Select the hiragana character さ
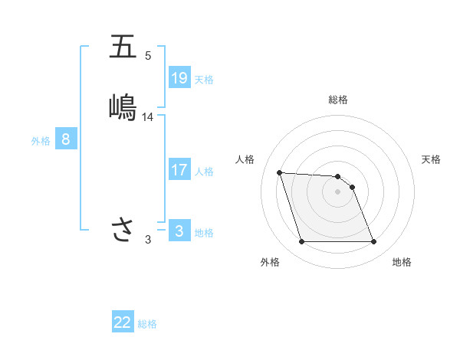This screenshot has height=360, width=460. [x=123, y=229]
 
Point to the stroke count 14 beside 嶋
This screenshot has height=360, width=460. [x=148, y=117]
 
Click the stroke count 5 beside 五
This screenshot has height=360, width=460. [x=148, y=56]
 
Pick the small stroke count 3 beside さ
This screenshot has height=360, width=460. [x=148, y=240]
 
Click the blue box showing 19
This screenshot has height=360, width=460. [x=179, y=77]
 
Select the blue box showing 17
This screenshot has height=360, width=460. [x=179, y=170]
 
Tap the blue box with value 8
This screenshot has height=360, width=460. [x=66, y=139]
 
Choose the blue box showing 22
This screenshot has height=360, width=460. [x=123, y=322]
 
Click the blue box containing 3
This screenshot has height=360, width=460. [x=179, y=231]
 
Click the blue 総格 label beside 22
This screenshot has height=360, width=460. [x=147, y=324]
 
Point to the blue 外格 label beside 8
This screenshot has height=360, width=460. [x=41, y=141]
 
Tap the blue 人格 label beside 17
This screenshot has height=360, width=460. [x=205, y=172]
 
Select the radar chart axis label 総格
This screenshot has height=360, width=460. [x=337, y=100]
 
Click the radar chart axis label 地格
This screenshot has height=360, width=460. [x=402, y=263]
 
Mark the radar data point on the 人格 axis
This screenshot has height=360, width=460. [x=280, y=172]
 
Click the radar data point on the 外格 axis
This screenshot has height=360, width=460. [x=301, y=242]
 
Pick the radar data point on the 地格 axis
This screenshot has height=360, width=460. [x=373, y=242]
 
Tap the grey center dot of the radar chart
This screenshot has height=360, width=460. [x=337, y=191]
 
